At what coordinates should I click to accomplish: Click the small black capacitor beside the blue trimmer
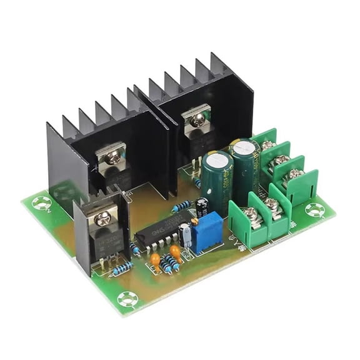(x=202, y=206)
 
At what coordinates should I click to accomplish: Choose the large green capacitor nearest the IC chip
(x=216, y=181)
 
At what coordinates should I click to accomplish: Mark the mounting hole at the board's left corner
(x=43, y=202)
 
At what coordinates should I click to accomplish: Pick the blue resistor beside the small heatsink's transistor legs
(x=122, y=268)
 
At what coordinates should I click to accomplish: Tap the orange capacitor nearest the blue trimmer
(x=176, y=252)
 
